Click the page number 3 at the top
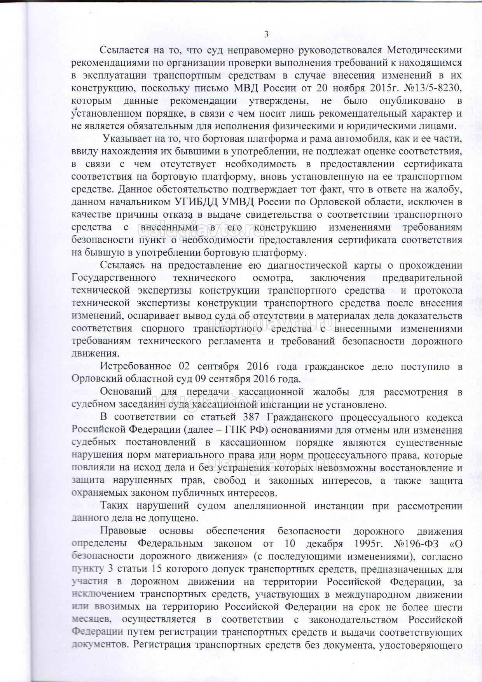point(266,34)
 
